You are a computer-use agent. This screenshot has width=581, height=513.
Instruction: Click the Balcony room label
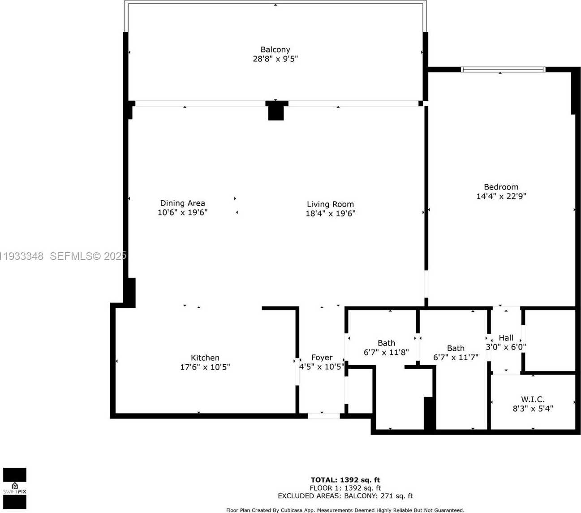[275, 49]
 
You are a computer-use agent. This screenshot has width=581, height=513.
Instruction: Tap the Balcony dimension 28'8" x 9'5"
[275, 59]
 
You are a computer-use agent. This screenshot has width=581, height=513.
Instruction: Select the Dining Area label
[182, 203]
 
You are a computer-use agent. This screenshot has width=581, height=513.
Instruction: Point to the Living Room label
[330, 204]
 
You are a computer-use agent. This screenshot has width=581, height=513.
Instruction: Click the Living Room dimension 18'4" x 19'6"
[330, 214]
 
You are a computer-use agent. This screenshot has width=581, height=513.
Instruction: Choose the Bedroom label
[501, 187]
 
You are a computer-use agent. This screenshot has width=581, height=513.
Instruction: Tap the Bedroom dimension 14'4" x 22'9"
[501, 196]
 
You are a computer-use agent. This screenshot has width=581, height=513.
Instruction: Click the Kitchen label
[205, 358]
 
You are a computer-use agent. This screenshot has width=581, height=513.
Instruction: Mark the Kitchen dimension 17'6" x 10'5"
[205, 367]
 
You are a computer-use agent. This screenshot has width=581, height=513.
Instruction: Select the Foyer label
[322, 357]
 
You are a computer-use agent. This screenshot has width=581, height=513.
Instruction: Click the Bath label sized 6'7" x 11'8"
[386, 343]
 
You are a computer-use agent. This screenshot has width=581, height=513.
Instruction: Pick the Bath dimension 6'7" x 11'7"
[456, 358]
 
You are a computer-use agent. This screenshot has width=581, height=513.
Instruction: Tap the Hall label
[506, 338]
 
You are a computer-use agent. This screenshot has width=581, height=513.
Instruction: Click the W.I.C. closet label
[533, 399]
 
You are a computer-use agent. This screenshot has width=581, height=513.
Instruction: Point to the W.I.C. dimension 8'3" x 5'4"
[533, 409]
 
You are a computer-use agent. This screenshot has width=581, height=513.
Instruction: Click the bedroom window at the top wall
[503, 69]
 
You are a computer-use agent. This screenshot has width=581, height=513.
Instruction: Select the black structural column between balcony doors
[276, 111]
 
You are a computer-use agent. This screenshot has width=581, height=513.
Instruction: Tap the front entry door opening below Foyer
[323, 416]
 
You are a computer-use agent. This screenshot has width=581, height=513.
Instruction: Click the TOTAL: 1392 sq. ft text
[345, 480]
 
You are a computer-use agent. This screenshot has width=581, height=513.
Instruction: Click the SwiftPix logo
[15, 488]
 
